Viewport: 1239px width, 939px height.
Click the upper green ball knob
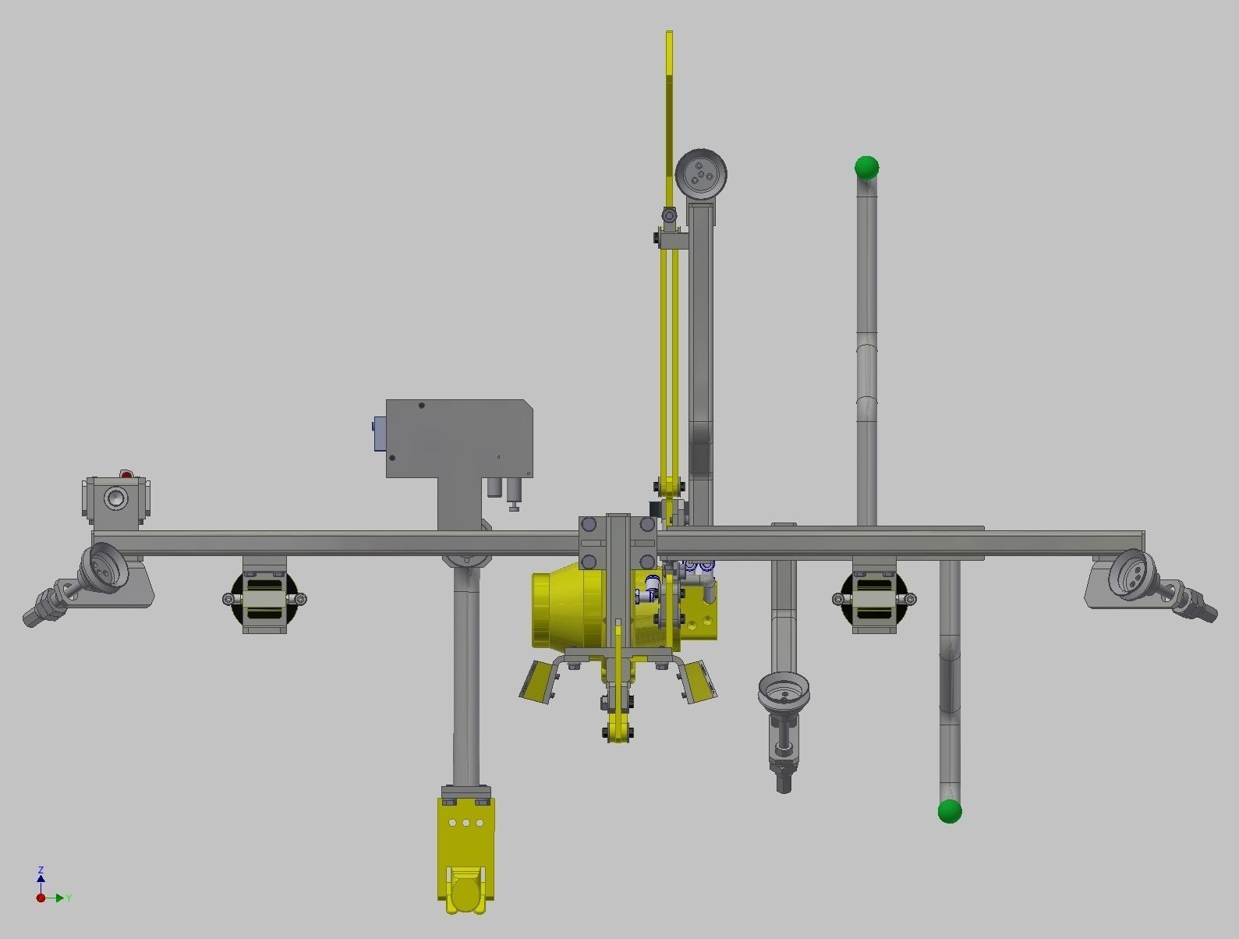pyautogui.click(x=866, y=167)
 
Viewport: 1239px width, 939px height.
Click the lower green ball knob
pyautogui.click(x=949, y=811)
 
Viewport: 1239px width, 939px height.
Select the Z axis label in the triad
pyautogui.click(x=41, y=870)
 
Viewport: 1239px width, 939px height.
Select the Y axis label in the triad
pyautogui.click(x=69, y=898)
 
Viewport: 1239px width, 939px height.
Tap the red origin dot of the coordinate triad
pyautogui.click(x=41, y=898)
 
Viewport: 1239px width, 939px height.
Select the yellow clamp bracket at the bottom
pyautogui.click(x=466, y=854)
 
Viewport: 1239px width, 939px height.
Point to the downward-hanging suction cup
pyautogui.click(x=784, y=691)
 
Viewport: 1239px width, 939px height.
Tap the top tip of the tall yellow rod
pyautogui.click(x=669, y=34)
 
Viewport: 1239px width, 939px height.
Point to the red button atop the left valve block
pyautogui.click(x=126, y=473)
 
